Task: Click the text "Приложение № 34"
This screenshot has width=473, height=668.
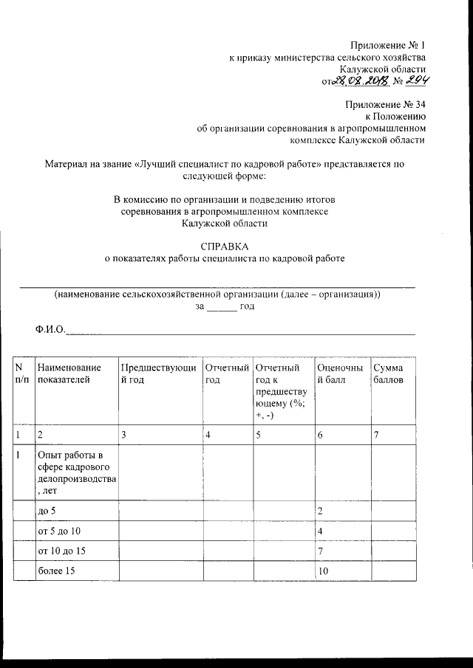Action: coord(386,104)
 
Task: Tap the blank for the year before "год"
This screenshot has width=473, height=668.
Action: coord(221,306)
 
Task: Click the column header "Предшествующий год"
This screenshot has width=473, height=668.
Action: coord(158,373)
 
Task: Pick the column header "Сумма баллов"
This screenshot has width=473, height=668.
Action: coord(389,373)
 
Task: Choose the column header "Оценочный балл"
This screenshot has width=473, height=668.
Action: coord(340,373)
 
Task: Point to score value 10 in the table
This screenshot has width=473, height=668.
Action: coord(323,571)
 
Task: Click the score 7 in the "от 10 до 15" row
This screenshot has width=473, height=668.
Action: coord(320,551)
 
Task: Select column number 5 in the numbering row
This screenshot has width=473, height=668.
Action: coord(259,435)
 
